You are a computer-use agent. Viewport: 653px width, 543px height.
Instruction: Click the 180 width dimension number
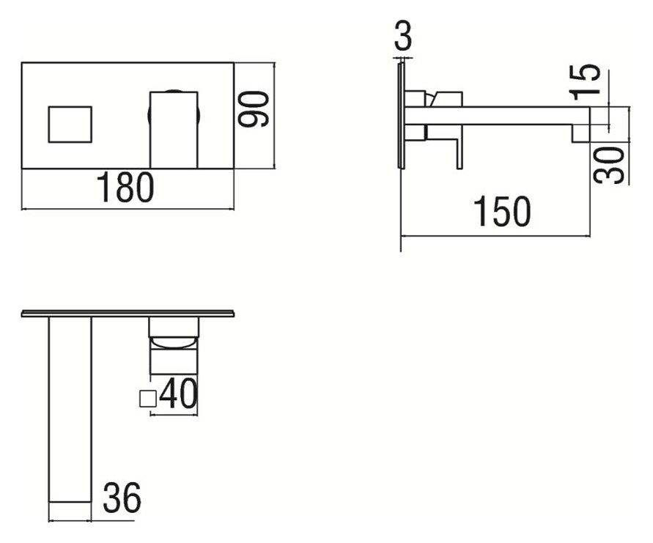coord(125,188)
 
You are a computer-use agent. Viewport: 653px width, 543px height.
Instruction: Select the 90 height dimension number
coord(253,108)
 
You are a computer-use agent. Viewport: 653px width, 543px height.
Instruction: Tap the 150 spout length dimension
coord(503,212)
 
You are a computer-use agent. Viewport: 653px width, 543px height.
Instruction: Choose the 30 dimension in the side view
coord(609,165)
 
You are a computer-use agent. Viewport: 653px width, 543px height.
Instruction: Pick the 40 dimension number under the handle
coord(178,393)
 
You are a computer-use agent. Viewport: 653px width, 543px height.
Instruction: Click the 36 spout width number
coord(122,498)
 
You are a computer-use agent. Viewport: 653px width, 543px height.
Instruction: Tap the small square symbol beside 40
coord(147,399)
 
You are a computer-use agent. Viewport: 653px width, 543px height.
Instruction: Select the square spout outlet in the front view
coord(70,125)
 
